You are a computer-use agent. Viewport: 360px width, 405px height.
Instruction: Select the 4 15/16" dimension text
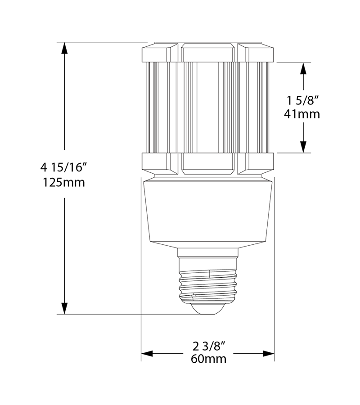(x=63, y=167)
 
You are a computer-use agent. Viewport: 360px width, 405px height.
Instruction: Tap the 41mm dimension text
(x=302, y=114)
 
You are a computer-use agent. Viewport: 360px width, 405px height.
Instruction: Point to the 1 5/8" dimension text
(x=302, y=99)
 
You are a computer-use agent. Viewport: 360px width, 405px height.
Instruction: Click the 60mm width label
(x=208, y=359)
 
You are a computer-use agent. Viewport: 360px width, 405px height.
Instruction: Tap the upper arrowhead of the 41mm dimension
(x=304, y=68)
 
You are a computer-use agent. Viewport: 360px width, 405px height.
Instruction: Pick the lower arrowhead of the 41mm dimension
(x=304, y=147)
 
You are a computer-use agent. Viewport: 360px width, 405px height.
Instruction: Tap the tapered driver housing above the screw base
(x=207, y=211)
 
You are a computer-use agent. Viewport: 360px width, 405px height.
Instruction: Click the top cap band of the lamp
(x=207, y=52)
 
